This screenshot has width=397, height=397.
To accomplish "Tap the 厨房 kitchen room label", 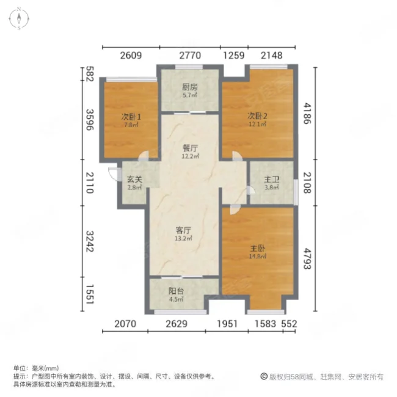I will tap(189, 87).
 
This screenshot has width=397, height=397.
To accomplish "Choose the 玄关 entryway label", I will tap(134, 180).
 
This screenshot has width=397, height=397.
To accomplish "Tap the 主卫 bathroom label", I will tap(272, 180).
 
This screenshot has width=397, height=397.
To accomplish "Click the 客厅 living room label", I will tap(184, 230).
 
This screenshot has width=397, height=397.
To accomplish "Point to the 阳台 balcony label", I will tap(176, 291).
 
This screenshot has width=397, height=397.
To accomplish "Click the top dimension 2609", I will tap(131, 56).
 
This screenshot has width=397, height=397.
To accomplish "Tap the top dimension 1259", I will tap(234, 56).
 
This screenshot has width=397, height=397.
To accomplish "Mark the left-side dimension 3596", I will tap(89, 125).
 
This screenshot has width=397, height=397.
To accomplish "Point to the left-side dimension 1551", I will tap(89, 295).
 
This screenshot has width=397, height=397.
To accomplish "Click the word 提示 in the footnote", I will tap(18, 377).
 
